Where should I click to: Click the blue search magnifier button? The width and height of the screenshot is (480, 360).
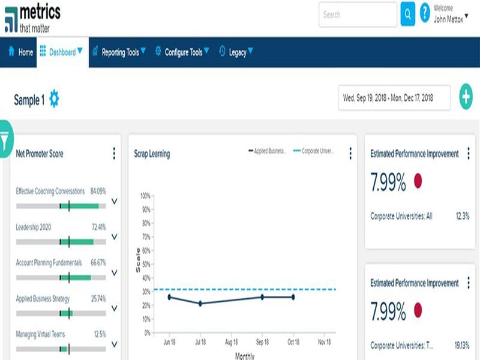[407, 14]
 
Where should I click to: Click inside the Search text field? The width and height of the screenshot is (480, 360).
[357, 14]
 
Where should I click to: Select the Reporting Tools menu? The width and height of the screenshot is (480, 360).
[120, 52]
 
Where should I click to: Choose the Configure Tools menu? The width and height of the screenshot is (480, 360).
[182, 52]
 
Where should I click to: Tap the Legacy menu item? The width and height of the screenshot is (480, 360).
[236, 52]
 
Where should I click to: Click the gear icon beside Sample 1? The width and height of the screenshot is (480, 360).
[54, 99]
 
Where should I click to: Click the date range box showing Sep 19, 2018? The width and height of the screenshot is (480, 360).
[394, 97]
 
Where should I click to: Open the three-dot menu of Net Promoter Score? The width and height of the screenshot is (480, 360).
[114, 154]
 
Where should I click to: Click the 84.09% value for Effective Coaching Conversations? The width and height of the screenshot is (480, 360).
[98, 191]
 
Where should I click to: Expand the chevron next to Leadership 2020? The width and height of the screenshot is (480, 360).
[114, 238]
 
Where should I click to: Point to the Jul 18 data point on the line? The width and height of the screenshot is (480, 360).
[200, 304]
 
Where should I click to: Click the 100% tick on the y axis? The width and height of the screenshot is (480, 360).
[145, 196]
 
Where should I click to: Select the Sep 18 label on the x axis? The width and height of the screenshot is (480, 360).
[262, 343]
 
